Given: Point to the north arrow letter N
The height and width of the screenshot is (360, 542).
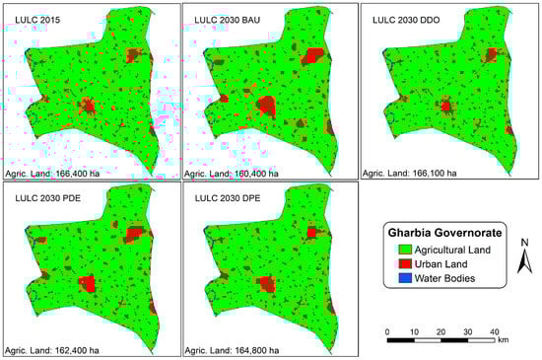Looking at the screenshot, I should (527, 243).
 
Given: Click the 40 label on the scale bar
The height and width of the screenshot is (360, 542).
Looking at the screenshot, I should (493, 331).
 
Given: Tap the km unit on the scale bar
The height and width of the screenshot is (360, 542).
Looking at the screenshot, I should (503, 340).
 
